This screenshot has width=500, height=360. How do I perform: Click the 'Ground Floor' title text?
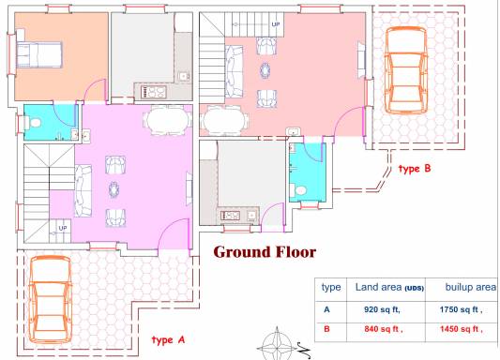pos(265,252)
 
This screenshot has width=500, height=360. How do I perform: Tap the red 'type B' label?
pos(415,168)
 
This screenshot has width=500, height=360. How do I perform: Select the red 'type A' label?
pos(168,340)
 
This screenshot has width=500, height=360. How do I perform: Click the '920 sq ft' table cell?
pos(382,309)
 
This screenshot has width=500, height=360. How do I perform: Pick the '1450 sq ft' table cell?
pos(462,329)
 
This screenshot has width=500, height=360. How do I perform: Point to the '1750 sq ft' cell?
pos(462,309)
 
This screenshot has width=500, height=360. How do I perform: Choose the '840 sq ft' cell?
pos(384,329)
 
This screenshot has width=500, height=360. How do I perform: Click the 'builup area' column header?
pos(471,287)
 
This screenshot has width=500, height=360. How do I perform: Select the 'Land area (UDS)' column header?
pos(389,288)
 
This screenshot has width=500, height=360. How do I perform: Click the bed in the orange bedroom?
pos(38,54)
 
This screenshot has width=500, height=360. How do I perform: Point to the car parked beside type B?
pos(405,70)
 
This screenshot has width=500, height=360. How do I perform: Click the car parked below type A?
pos(50,299)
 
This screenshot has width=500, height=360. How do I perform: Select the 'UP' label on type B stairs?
pos(276,24)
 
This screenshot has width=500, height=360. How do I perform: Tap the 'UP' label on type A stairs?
pos(63,228)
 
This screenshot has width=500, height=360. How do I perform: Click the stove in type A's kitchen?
pos(154,92)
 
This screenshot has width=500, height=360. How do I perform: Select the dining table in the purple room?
pos(167,120)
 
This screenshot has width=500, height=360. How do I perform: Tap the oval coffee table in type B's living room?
pos(265,70)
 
